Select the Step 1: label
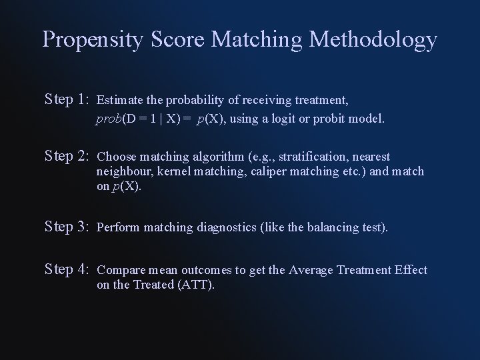(x=67, y=100)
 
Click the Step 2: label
(x=67, y=157)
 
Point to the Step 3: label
(x=67, y=227)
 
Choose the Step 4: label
(x=67, y=269)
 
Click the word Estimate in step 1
(x=117, y=101)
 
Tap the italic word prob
(x=108, y=120)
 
